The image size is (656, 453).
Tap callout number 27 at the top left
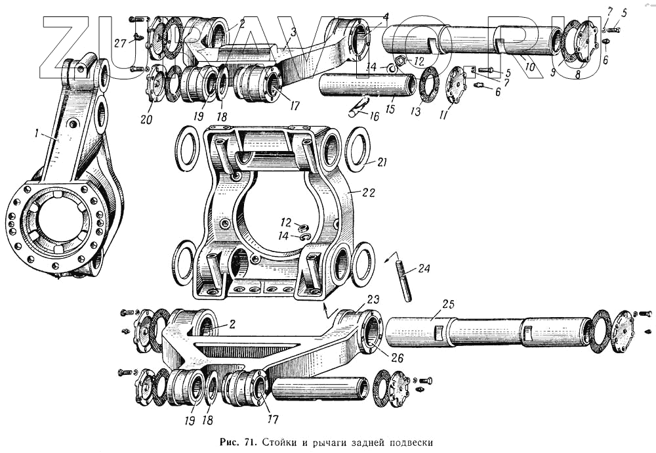[119, 43]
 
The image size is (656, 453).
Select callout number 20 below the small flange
[145, 119]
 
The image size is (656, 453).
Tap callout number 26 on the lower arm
[397, 358]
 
